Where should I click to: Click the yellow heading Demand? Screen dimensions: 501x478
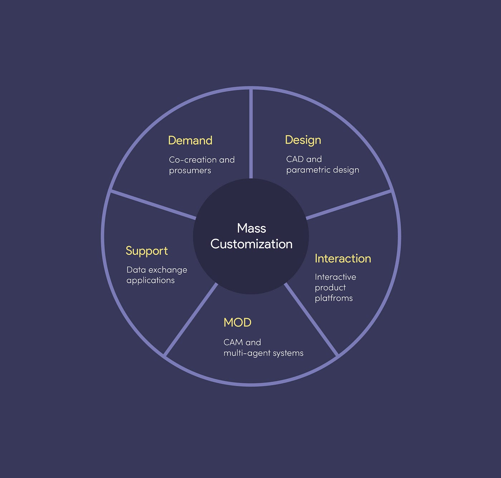(190, 140)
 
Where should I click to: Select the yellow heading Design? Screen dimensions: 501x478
(303, 140)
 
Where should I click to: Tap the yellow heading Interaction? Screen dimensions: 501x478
(343, 259)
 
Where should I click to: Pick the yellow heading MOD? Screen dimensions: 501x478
(237, 323)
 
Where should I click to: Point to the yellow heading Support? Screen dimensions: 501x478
(147, 251)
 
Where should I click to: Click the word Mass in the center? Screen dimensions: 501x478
(252, 228)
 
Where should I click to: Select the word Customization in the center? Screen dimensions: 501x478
(252, 244)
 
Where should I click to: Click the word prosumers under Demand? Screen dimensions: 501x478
(190, 171)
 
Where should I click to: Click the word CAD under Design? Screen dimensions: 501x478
(295, 159)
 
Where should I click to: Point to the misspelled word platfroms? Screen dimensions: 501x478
(334, 298)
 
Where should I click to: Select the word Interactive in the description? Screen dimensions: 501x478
(335, 277)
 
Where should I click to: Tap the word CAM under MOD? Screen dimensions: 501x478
(233, 342)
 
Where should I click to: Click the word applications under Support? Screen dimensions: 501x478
(150, 280)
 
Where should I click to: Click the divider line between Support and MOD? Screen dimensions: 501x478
(191, 319)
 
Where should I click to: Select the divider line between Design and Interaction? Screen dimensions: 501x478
(349, 204)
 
